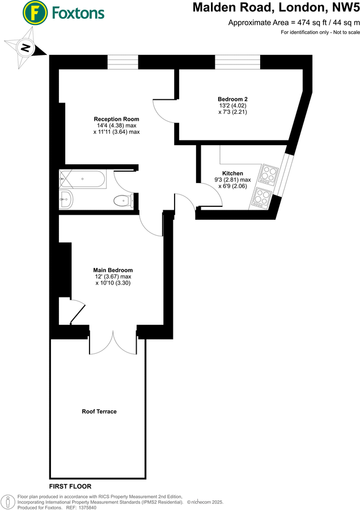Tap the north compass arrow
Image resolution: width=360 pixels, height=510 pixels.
(x=25, y=48)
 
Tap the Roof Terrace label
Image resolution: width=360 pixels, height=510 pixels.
(x=99, y=411)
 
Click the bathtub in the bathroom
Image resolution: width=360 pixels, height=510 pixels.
(x=82, y=179)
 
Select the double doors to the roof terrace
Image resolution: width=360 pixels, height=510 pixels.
(x=113, y=342)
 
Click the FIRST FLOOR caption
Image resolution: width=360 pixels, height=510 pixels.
(x=70, y=486)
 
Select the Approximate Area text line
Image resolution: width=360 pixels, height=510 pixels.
(x=294, y=23)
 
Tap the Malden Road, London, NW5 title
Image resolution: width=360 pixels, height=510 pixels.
(x=276, y=8)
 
